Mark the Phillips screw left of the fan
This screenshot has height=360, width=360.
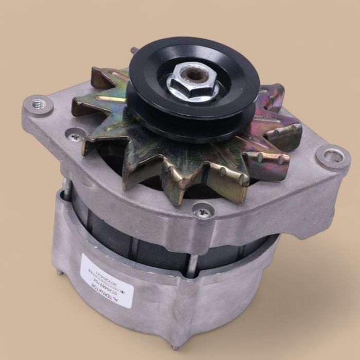(76, 136)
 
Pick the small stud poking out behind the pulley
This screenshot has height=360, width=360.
(134, 50)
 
